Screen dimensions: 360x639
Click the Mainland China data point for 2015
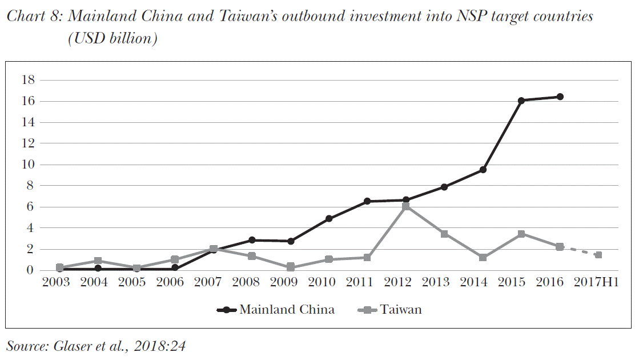tap(521, 101)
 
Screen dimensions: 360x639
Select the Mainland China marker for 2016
tap(560, 97)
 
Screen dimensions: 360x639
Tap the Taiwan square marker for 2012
tap(406, 206)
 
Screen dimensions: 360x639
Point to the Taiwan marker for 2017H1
tap(598, 255)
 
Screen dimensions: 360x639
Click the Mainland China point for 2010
tap(329, 218)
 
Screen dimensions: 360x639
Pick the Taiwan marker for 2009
tap(291, 267)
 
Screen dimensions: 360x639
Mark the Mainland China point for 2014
tap(483, 170)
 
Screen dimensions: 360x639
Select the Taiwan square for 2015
tap(521, 234)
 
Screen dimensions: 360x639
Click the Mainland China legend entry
tap(276, 310)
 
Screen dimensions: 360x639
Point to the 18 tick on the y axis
tap(29, 80)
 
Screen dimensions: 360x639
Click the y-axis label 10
tap(29, 165)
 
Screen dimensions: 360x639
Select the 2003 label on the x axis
tap(57, 283)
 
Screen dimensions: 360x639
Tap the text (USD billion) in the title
tap(112, 39)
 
